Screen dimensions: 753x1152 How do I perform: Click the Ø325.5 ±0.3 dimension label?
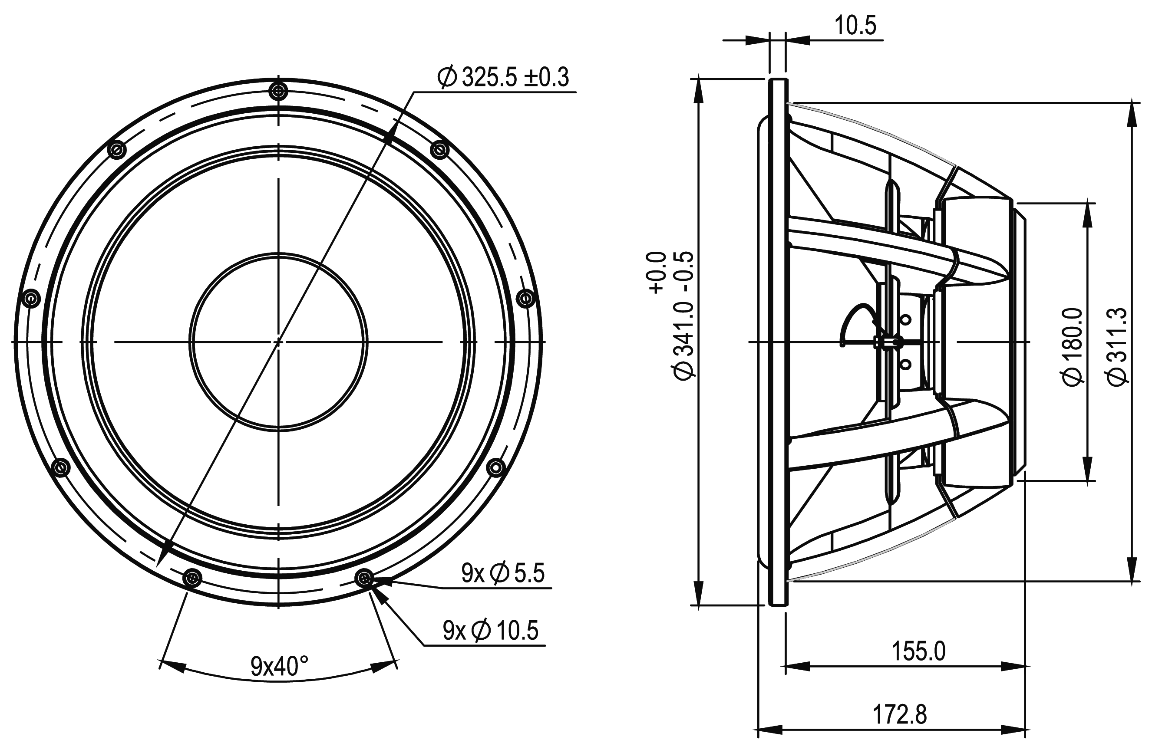point(503,77)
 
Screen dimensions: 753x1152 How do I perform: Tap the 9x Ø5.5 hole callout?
point(503,573)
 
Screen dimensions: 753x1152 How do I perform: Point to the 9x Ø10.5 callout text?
point(490,631)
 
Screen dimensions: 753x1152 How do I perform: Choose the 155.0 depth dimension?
point(918,651)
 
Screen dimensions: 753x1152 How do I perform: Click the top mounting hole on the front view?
point(278,91)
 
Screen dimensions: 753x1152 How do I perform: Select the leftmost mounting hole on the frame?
point(31,298)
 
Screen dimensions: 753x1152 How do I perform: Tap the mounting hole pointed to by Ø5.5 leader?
point(364,577)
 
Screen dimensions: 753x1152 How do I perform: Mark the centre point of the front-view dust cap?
point(278,342)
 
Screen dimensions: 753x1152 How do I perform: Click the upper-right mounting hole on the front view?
point(439,150)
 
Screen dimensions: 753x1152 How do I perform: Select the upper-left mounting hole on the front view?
point(116,150)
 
